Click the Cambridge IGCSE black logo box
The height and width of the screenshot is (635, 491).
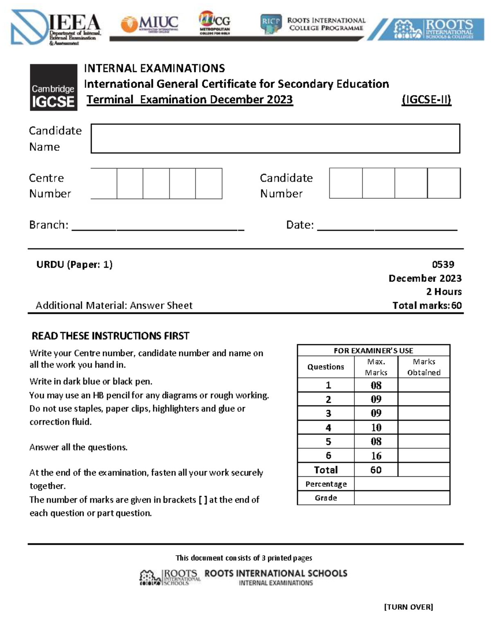tap(53, 88)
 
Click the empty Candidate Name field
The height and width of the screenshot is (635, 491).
tap(275, 139)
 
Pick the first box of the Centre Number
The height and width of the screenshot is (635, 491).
tap(104, 184)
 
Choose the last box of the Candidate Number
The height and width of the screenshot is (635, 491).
tap(444, 183)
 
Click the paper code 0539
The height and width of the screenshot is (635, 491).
tap(443, 265)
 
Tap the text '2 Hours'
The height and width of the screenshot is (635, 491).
tap(444, 292)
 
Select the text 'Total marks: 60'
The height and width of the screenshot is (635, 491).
tap(427, 305)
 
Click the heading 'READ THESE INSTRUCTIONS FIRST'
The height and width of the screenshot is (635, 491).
tap(110, 336)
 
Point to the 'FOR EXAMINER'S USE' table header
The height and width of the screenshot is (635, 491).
tap(373, 350)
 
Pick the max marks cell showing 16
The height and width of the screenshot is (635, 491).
tap(376, 455)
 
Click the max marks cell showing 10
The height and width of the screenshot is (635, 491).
tap(376, 428)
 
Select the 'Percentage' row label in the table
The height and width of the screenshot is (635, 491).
tap(326, 484)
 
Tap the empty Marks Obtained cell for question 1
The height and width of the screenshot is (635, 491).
tap(423, 385)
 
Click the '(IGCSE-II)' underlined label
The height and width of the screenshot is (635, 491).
tap(426, 100)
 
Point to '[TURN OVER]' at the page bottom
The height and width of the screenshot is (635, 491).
tap(408, 607)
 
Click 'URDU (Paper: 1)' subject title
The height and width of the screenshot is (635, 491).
tap(74, 265)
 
